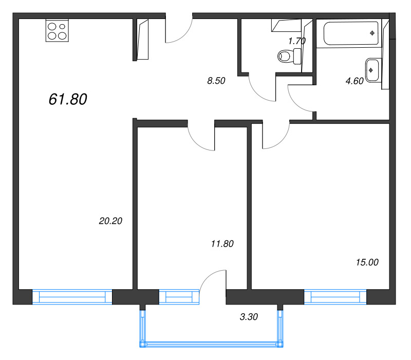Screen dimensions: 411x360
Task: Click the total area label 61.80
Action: [x=68, y=99]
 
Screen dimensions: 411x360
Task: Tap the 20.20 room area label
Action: [x=110, y=221]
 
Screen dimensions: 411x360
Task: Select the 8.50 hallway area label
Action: [x=216, y=81]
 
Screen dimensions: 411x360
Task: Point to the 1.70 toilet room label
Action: [x=297, y=41]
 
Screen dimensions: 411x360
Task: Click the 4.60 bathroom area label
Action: [x=354, y=81]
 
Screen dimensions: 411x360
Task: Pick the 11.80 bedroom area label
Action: [x=222, y=243]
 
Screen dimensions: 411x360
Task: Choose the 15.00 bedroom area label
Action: [x=367, y=262]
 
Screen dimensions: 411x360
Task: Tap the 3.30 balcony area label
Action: [x=249, y=317]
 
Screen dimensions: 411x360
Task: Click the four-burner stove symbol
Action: [x=57, y=30]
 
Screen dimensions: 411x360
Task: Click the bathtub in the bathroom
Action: [x=351, y=33]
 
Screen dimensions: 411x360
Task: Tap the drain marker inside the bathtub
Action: [x=372, y=33]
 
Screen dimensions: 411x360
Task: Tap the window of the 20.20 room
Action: [x=72, y=297]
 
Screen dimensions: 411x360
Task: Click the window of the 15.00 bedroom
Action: [x=335, y=297]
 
